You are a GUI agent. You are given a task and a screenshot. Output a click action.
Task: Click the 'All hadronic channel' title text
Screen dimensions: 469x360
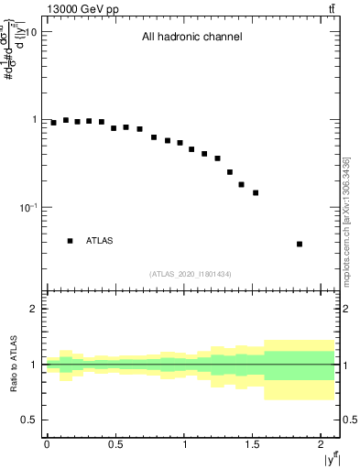191,38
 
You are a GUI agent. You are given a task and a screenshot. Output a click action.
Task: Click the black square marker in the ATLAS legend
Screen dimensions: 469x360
70,241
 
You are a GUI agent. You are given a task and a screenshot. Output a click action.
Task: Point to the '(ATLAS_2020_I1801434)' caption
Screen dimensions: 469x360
191,275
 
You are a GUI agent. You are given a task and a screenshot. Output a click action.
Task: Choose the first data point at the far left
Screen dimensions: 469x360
53,122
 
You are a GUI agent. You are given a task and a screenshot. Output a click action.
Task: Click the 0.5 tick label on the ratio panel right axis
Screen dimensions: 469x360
351,420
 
